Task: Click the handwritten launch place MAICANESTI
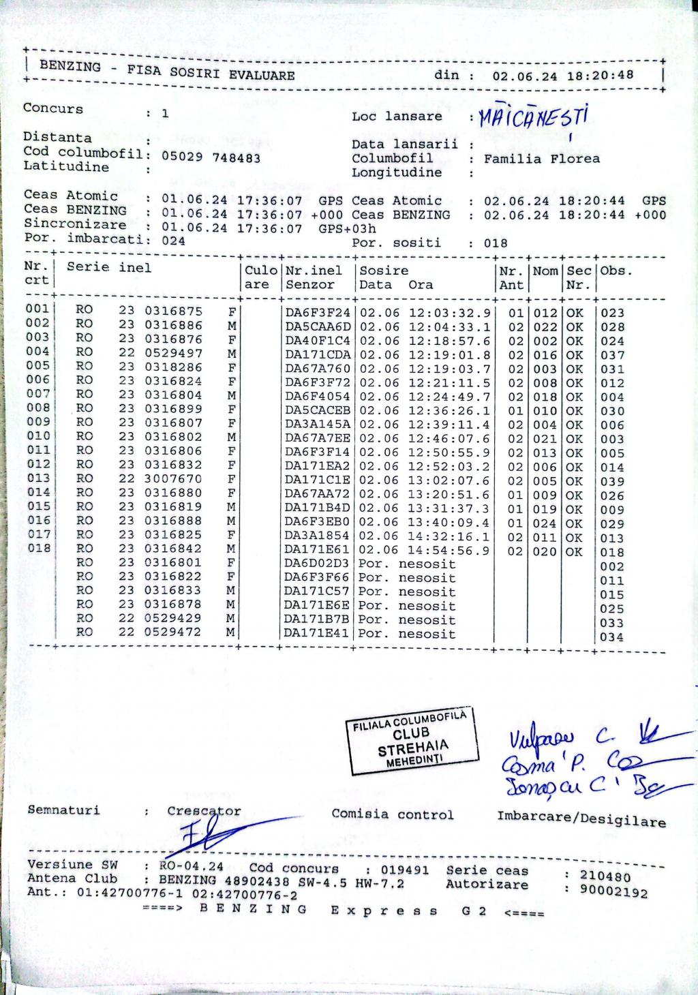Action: [x=532, y=118]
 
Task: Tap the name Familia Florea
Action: [x=541, y=159]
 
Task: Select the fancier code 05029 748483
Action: [x=211, y=157]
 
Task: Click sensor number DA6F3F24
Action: [x=317, y=313]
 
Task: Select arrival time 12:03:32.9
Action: [x=449, y=313]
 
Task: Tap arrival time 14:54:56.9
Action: [x=449, y=551]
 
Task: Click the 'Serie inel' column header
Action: [x=109, y=267]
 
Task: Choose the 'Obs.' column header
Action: [x=616, y=271]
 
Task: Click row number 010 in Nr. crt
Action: [x=38, y=436]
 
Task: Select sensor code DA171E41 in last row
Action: [x=317, y=634]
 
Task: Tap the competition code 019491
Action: [x=404, y=870]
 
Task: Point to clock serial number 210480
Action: [x=605, y=876]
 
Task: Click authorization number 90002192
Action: [x=613, y=891]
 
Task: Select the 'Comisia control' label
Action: [x=392, y=814]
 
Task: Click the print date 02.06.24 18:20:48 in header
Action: [x=562, y=76]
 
